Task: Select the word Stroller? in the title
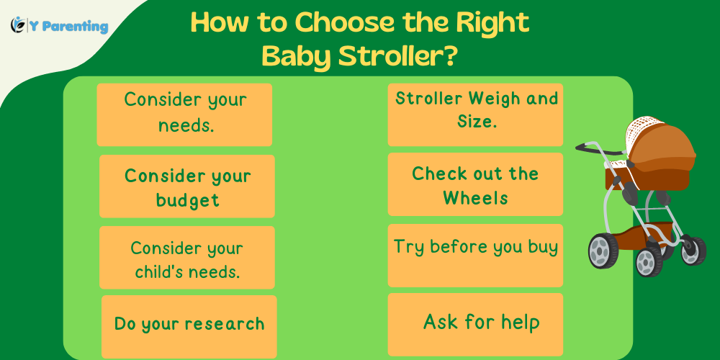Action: tap(407, 55)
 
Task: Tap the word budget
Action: tap(187, 199)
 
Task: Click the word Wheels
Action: tap(475, 197)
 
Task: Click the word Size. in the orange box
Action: tap(477, 122)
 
